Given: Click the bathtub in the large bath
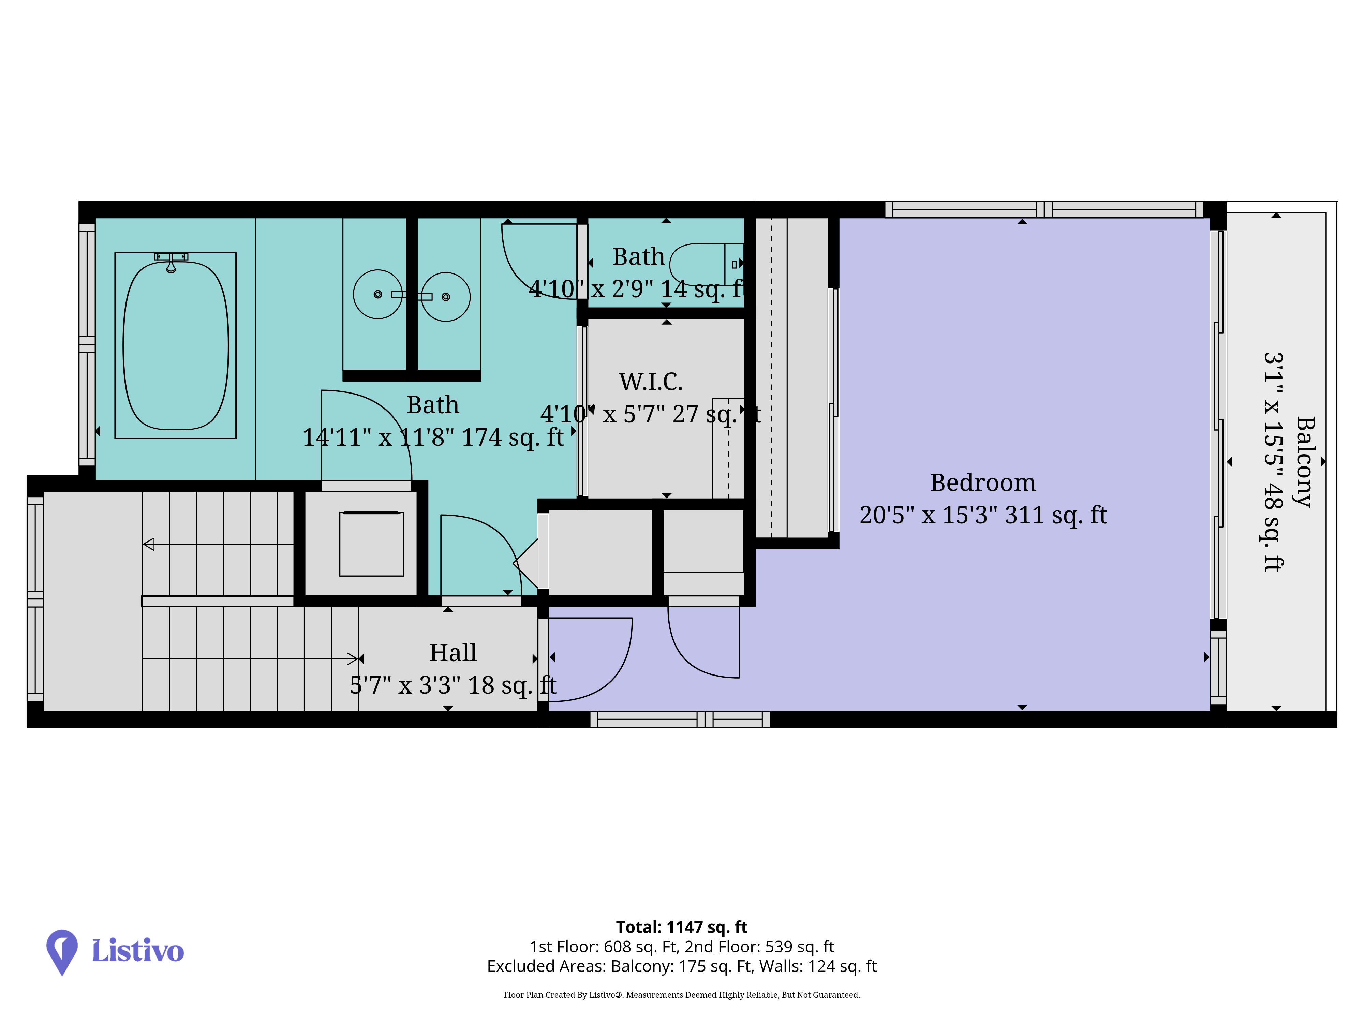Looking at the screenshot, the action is (176, 345).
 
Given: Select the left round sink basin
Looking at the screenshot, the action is (378, 294).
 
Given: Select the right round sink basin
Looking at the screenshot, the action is (446, 297).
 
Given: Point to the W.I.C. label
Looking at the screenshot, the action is (651, 382).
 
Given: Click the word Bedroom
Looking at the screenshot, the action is (983, 483).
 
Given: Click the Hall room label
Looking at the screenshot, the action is (453, 652).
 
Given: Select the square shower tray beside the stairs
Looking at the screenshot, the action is (371, 544).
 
